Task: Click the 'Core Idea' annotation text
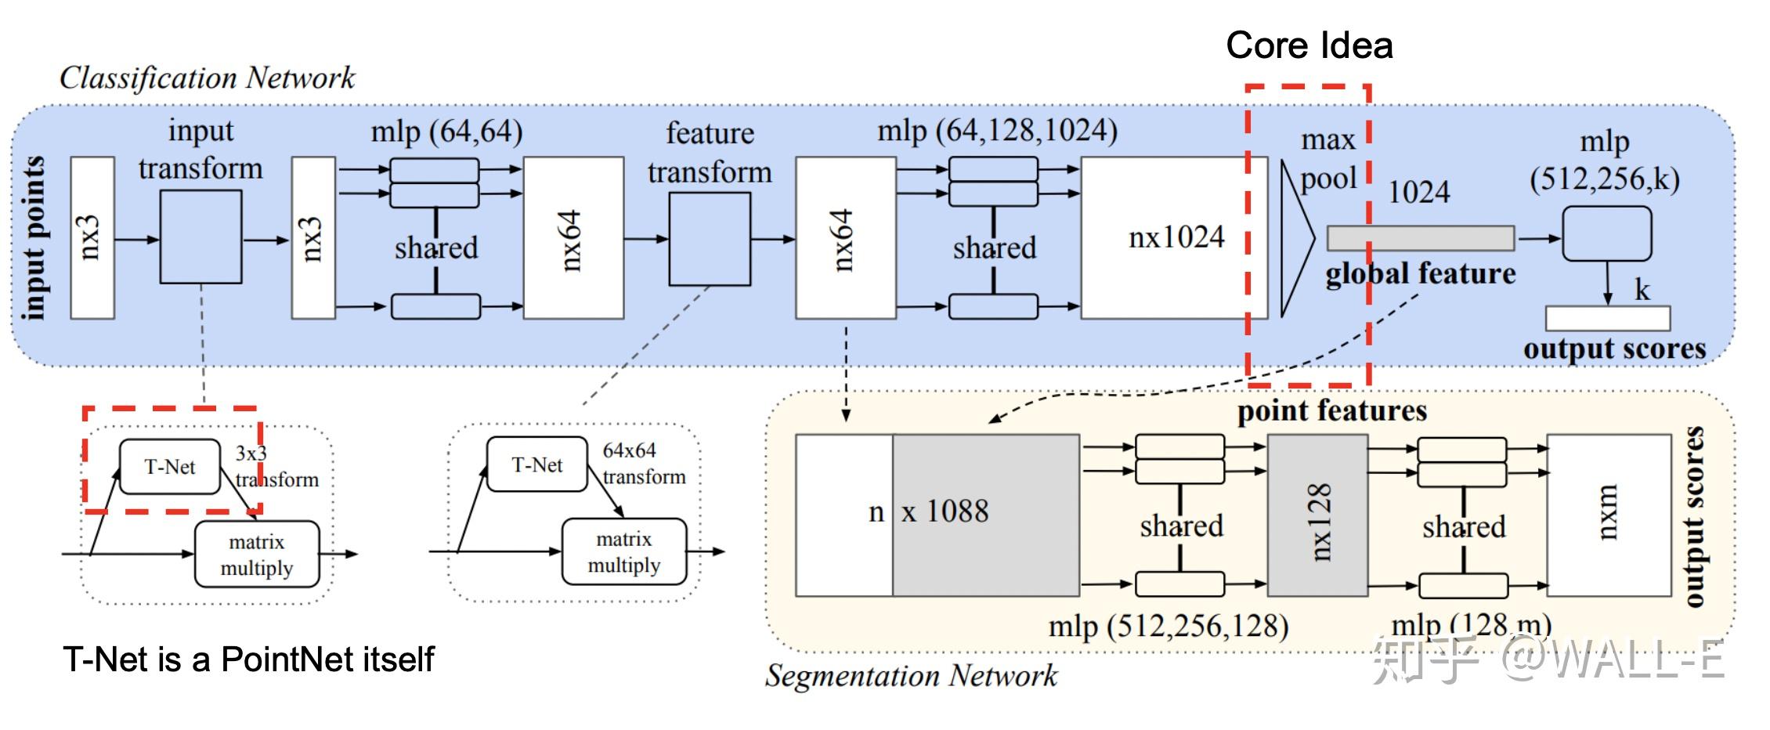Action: point(1309,45)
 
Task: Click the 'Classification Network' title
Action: point(207,78)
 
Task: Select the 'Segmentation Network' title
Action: point(911,675)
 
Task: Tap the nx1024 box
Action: point(1174,237)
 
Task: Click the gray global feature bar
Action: point(1419,238)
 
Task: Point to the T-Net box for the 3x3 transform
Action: point(170,467)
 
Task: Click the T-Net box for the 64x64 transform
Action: point(536,464)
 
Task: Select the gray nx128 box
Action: point(1317,515)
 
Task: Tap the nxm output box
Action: point(1608,515)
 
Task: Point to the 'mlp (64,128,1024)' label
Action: point(997,130)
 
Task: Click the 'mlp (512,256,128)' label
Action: point(1168,626)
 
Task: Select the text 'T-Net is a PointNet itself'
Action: point(247,659)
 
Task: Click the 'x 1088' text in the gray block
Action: point(945,511)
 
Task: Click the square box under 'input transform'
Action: point(200,237)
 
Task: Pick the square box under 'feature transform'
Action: point(709,239)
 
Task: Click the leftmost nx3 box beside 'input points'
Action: point(92,238)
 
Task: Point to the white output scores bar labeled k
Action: point(1607,319)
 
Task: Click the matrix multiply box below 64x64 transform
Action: point(623,551)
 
